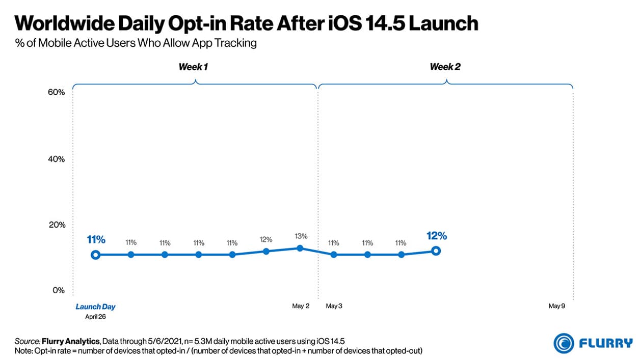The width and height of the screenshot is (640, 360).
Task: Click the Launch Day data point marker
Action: coord(95,255)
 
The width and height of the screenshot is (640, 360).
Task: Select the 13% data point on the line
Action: coord(300,248)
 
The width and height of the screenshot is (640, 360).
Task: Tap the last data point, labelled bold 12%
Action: coord(436,251)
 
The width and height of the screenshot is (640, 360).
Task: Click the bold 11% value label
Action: coord(96,239)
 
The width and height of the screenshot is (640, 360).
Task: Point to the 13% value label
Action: coord(300,236)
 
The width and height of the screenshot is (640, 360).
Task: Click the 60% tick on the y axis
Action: coord(56,92)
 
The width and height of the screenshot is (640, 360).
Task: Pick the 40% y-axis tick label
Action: coord(56,159)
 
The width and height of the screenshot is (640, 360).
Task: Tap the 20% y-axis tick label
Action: coord(56,225)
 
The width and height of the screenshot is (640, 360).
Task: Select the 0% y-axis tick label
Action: coord(58,290)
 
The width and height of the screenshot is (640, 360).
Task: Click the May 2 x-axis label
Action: coord(301,306)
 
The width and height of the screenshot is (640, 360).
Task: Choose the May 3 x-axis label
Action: coord(334,306)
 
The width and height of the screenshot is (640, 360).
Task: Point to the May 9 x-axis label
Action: coord(557,306)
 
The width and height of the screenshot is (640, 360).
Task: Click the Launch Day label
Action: coord(95,307)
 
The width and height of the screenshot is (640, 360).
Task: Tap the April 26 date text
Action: coord(95,316)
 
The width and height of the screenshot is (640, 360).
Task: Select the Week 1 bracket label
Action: coord(193,67)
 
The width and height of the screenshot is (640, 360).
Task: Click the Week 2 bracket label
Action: coord(445,67)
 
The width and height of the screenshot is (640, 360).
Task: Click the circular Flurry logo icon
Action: coord(564,343)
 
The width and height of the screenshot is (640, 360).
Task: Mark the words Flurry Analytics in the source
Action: coord(69,340)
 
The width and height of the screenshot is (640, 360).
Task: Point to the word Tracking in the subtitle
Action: coord(239,43)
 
